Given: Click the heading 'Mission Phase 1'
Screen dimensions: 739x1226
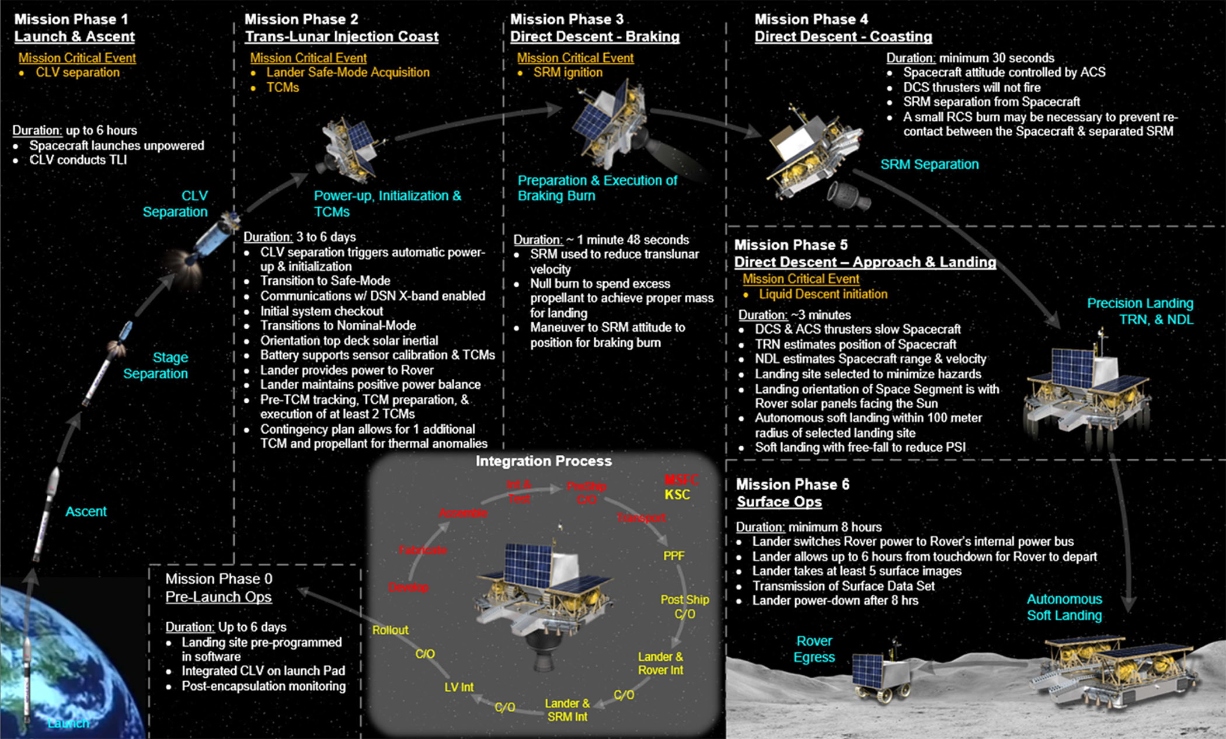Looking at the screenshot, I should point(71,19).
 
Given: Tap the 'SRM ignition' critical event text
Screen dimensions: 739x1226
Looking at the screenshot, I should point(567,72).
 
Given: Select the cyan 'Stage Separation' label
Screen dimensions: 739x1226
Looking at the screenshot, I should point(156,365).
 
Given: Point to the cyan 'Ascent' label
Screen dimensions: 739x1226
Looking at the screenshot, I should point(86,511).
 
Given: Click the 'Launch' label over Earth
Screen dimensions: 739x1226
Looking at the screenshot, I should point(68,723).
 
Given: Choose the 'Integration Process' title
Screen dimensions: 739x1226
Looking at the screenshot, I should point(544,461).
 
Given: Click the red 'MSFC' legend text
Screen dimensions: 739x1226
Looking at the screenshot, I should point(681,480).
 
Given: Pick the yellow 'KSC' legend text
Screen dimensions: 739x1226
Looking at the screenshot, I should point(677,494).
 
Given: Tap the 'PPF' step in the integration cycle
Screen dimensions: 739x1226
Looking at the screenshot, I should point(674,556).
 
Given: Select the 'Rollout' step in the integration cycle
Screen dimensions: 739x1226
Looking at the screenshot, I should point(391,630).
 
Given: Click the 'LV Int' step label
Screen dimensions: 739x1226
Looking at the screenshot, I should point(459,687).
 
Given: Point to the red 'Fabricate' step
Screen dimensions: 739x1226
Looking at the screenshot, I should point(423,550).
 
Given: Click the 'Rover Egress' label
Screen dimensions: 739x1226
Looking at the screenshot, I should point(814,649).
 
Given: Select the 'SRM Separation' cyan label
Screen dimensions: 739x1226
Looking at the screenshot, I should point(929,164).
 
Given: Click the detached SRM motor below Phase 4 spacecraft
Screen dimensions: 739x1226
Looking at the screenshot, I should point(849,196).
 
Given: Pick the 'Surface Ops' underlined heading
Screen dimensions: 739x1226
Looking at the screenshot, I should point(779,501).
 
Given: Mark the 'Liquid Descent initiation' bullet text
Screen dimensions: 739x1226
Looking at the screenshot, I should point(823,294).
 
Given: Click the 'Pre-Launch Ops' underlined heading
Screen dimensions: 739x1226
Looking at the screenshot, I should point(218,597).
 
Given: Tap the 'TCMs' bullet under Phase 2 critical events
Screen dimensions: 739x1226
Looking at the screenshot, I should point(283,88).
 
